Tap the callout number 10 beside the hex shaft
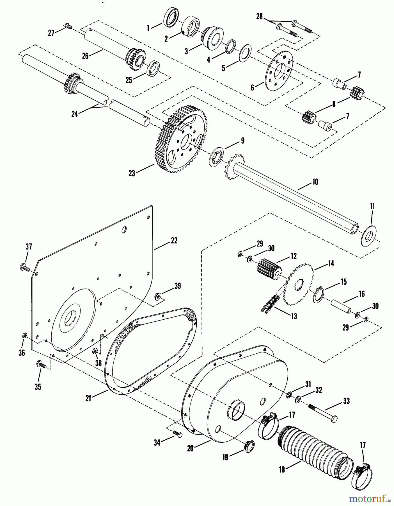(315, 182)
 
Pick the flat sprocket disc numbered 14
(297, 284)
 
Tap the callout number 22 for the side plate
(174, 241)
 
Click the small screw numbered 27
(68, 26)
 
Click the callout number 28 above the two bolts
(259, 17)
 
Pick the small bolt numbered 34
(177, 433)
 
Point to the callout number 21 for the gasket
(88, 398)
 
